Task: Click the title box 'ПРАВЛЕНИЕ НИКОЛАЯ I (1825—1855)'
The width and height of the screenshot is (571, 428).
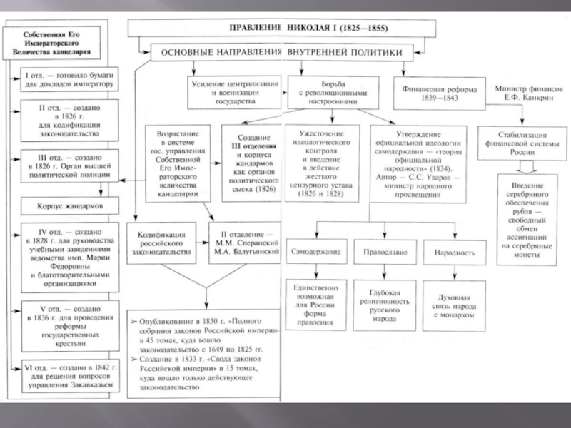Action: click(x=282, y=29)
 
